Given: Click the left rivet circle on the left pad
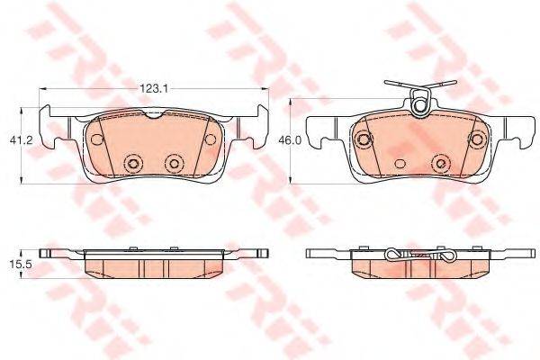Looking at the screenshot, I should click(x=133, y=164).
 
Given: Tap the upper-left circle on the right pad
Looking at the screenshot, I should click(x=364, y=139).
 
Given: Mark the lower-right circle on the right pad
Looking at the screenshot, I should click(x=441, y=163).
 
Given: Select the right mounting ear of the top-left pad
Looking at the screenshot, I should click(x=260, y=126).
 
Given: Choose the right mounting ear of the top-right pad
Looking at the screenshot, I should click(x=523, y=135).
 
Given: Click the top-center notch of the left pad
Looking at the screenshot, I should click(x=154, y=115).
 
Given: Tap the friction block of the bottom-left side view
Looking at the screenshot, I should click(x=154, y=267).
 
